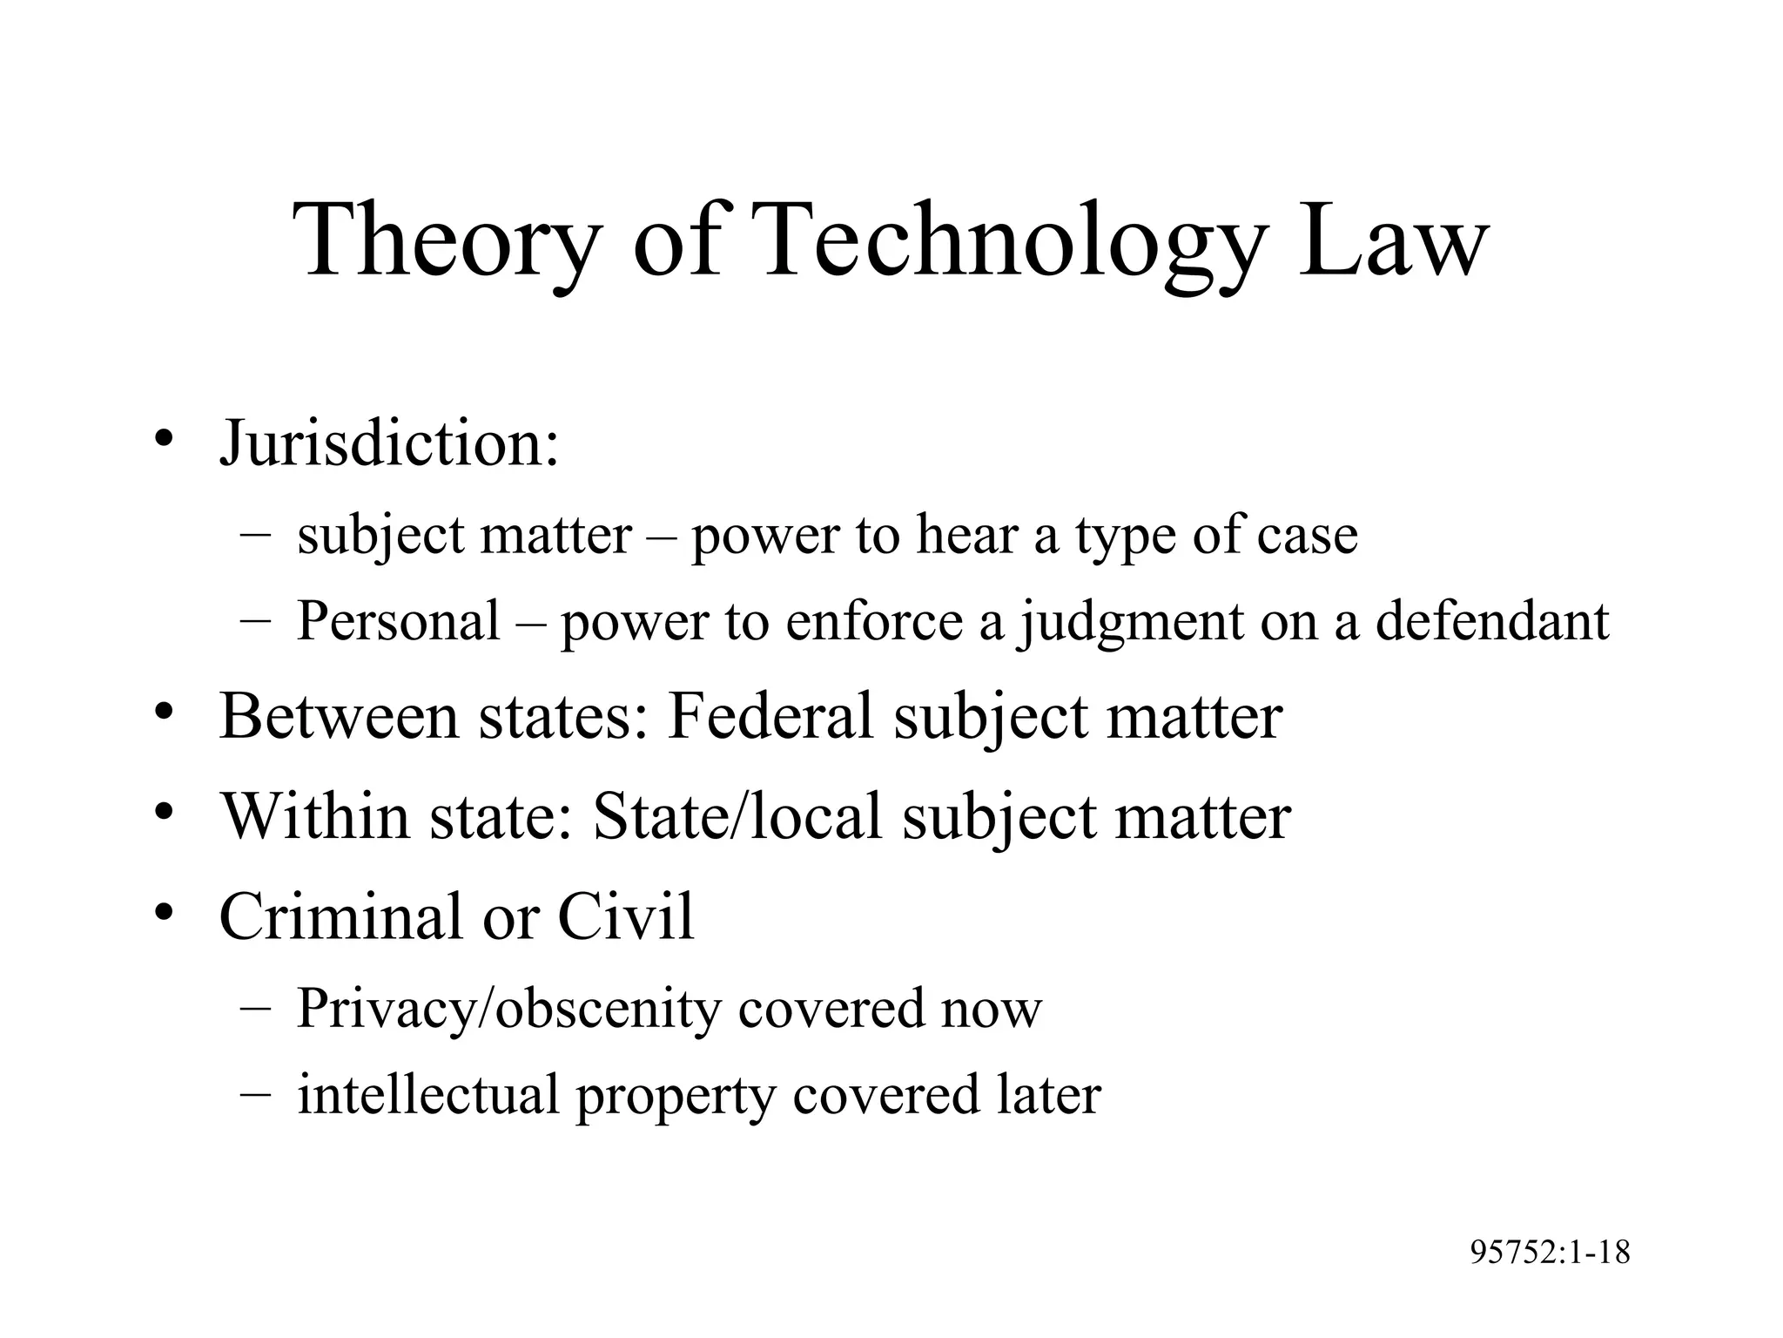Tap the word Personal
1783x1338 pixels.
[398, 621]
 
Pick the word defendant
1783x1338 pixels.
[1492, 621]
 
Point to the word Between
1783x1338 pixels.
[339, 716]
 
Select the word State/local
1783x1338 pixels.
[737, 816]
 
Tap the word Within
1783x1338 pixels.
[314, 816]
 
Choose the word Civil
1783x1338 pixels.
[626, 916]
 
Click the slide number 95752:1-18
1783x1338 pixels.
[1550, 1253]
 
